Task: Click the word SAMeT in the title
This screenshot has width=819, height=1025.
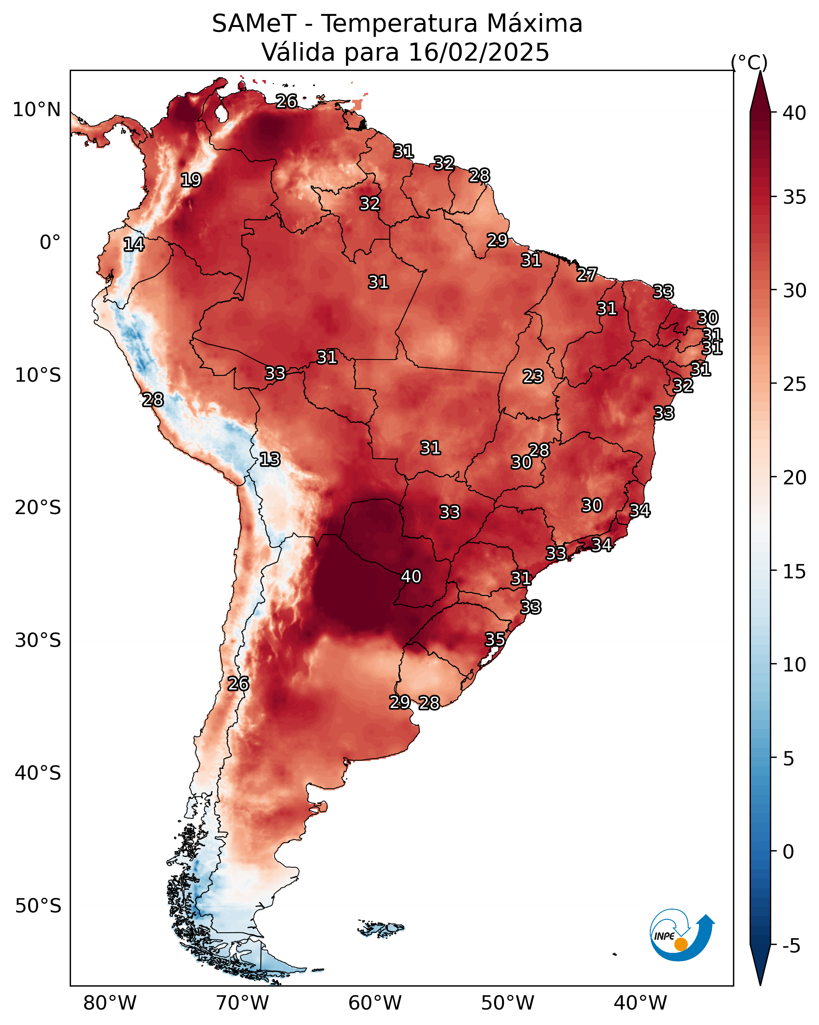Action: pyautogui.click(x=254, y=24)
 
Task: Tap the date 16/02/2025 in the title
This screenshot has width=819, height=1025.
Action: pyautogui.click(x=479, y=52)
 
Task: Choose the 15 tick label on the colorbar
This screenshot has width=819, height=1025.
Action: pyautogui.click(x=795, y=572)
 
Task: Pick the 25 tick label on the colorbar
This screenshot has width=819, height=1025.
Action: pyautogui.click(x=795, y=384)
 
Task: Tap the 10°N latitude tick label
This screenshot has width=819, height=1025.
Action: pyautogui.click(x=36, y=110)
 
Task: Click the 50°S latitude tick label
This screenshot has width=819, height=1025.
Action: pyautogui.click(x=38, y=906)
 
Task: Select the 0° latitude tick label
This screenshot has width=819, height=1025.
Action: pyautogui.click(x=50, y=243)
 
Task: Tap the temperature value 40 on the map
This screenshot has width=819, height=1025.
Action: pyautogui.click(x=411, y=577)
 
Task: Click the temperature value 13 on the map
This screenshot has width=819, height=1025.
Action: pyautogui.click(x=270, y=460)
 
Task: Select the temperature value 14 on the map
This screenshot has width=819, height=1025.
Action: pyautogui.click(x=134, y=245)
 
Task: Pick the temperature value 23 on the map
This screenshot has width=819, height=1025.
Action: pyautogui.click(x=533, y=377)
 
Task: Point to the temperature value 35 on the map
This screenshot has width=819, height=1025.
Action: pyautogui.click(x=495, y=640)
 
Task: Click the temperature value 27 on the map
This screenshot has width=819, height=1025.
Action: pyautogui.click(x=587, y=275)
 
